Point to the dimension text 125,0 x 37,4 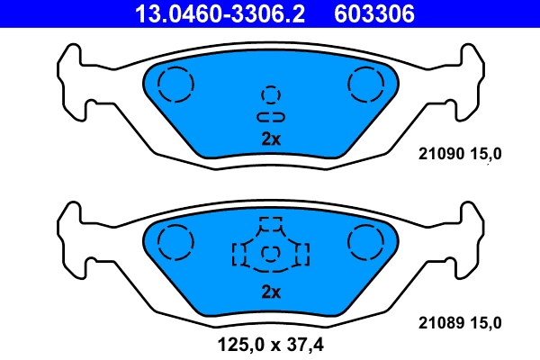(270, 343)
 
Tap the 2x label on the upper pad (271, 139)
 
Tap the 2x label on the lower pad (271, 292)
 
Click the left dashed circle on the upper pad (175, 85)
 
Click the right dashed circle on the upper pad (365, 85)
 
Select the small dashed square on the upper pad (271, 94)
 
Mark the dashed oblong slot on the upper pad (271, 117)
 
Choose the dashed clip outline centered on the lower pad (270, 247)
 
